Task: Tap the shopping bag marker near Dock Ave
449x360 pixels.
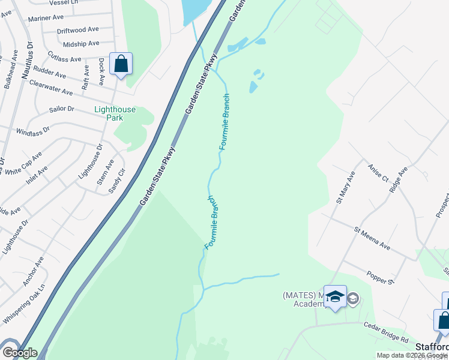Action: point(121,64)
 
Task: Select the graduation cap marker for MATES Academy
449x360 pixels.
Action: point(335,296)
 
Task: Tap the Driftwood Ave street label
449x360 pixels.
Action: point(77,29)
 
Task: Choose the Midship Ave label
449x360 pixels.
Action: point(81,44)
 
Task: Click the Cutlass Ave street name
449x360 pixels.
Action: point(65,59)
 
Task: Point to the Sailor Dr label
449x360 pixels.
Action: point(62,109)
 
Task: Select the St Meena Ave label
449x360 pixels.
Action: point(372,238)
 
